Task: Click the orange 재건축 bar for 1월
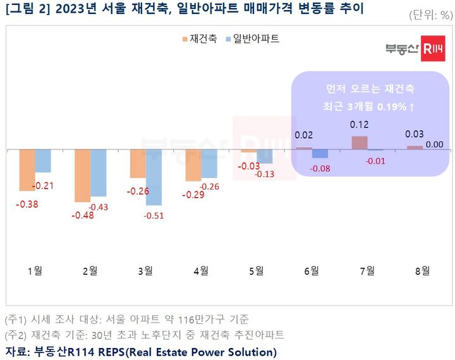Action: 27,170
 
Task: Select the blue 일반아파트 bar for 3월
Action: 154,177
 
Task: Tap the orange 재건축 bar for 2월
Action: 82,176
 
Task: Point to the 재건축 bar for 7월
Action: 359,143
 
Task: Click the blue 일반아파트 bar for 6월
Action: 320,153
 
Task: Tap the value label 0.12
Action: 359,124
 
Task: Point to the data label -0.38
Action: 28,203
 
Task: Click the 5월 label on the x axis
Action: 256,271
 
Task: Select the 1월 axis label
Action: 35,271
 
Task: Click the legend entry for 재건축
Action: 200,39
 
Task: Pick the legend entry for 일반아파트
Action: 252,39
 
